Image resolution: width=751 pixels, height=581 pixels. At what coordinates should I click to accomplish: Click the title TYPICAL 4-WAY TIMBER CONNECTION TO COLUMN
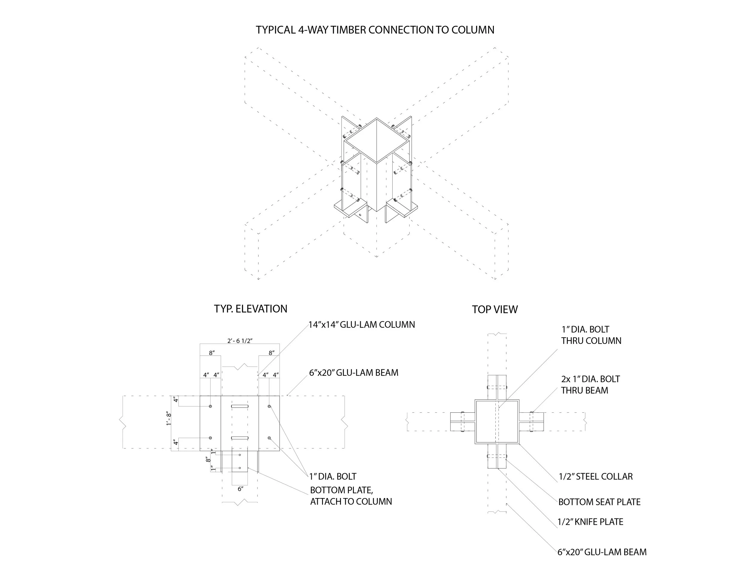pos(375,30)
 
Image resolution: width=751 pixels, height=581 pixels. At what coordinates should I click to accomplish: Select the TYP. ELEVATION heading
pos(250,309)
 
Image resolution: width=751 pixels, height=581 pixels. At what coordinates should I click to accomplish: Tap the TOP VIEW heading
pos(494,310)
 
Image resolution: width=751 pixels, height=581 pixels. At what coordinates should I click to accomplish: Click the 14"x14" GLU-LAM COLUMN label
pos(362,325)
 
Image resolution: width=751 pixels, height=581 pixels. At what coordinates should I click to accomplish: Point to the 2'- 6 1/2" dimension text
pos(240,341)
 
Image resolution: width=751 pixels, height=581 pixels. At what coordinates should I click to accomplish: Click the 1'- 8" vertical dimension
pos(169,419)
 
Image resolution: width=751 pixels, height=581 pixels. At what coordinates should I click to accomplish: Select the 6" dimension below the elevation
pos(240,489)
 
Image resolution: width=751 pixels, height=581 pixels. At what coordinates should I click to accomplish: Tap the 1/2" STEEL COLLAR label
pos(596,477)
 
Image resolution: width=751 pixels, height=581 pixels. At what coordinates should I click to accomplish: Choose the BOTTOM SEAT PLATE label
pos(599,502)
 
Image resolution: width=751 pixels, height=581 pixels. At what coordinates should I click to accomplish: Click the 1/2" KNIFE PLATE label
pos(590,522)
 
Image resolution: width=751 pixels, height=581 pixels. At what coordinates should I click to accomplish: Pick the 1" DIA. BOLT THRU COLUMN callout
pos(591,335)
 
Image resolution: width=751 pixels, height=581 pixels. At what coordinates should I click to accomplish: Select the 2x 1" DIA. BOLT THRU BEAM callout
pos(590,385)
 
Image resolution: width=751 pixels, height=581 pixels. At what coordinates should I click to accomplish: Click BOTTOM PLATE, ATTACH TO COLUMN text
pos(351,496)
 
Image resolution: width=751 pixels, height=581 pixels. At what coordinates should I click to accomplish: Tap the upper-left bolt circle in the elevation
pos(211,406)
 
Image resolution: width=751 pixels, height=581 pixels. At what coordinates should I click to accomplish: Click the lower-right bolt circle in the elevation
pos(269,438)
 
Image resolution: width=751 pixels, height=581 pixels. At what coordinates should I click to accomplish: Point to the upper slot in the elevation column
pos(240,407)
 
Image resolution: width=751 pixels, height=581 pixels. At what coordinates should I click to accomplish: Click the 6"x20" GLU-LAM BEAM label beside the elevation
pos(354,373)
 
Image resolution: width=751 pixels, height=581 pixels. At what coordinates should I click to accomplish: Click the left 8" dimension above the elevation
pos(212,353)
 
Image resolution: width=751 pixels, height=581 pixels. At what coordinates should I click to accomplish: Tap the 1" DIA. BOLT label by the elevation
pos(333,477)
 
